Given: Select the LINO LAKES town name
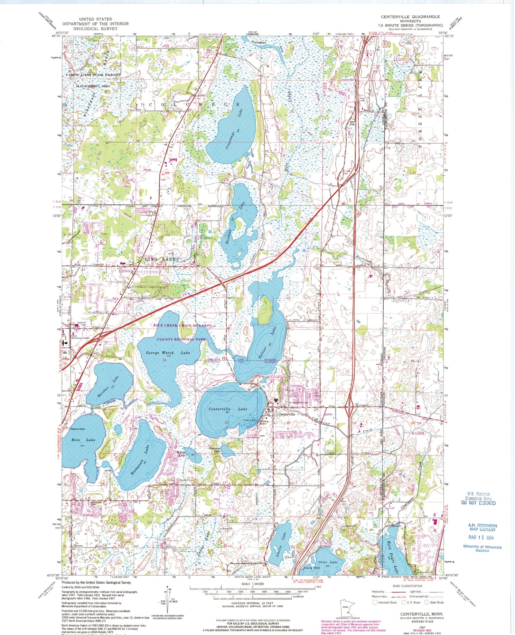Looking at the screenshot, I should click(x=162, y=259).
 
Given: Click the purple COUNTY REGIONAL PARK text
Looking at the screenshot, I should click(x=181, y=339).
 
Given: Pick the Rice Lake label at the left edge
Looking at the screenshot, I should click(x=79, y=439).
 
